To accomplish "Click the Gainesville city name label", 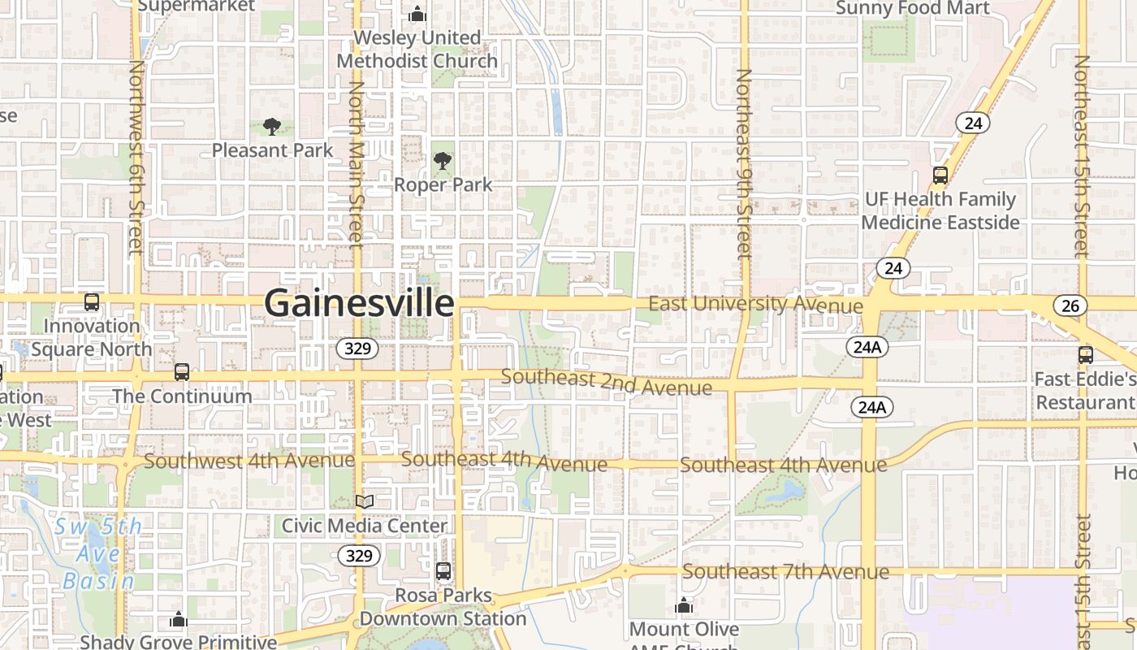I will pos(359,303).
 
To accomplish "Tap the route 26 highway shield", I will pos(1070,305).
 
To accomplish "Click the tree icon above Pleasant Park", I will pos(272,126).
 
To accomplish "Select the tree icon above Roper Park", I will pos(443,161).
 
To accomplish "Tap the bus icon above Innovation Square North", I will pos(92,302).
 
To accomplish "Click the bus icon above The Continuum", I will pos(182,372).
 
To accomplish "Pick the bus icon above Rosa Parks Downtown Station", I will pos(443,571).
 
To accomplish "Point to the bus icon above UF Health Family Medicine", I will pos(940,175).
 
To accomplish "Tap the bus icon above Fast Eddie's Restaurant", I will pos(1086,355).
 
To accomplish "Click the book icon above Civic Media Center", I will pos(365,502).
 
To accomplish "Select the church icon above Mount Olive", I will pos(684,605).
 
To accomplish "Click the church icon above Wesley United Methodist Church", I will pos(417,14).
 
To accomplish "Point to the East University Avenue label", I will pos(755,305).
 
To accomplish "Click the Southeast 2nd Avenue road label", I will pos(607,382).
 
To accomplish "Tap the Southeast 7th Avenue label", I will pos(785,572).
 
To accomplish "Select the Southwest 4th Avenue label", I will pos(249,461).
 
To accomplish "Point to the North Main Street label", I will pos(356,162).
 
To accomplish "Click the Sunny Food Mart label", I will pos(913,8).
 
